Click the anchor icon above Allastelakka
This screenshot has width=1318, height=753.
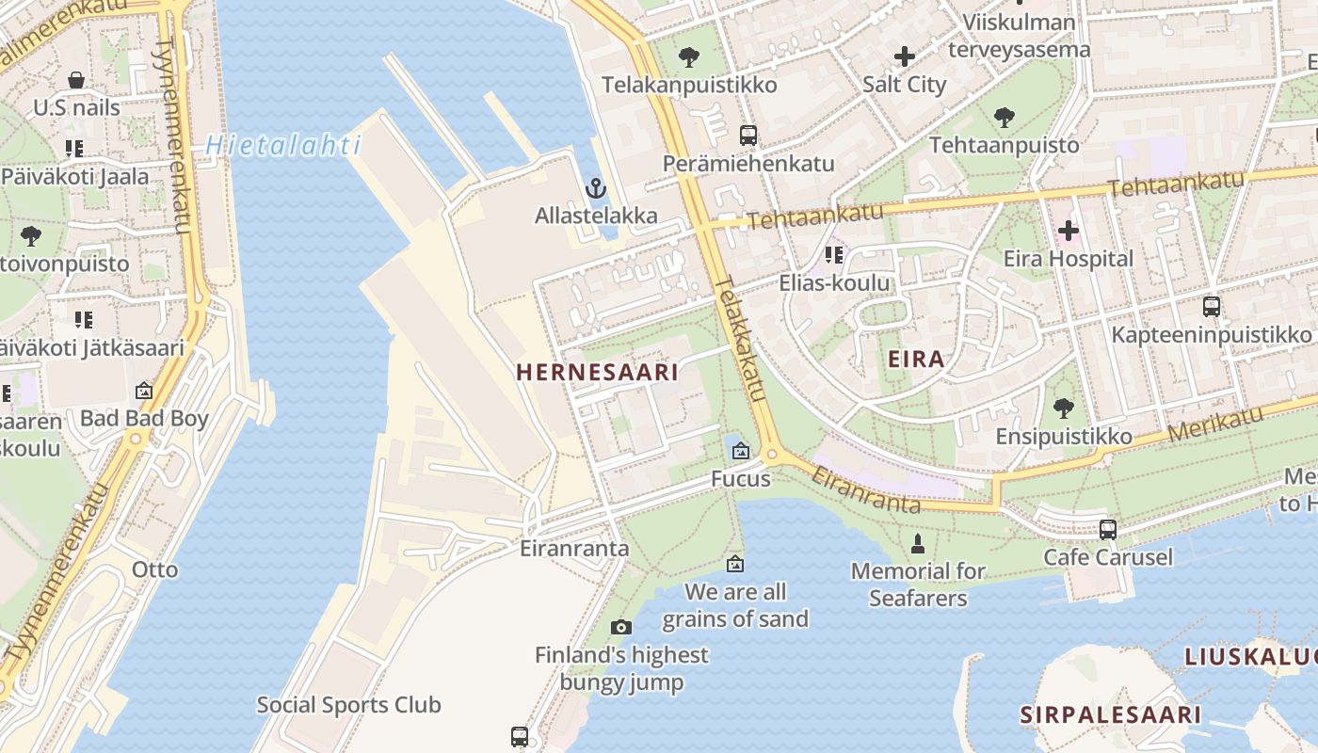[x=595, y=188]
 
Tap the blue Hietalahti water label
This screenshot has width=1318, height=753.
[x=283, y=145]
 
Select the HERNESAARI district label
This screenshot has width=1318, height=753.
[x=597, y=372]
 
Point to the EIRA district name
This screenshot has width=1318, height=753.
[x=916, y=359]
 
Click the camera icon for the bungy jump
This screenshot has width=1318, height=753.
[x=620, y=627]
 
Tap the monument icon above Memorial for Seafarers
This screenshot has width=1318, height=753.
[x=918, y=543]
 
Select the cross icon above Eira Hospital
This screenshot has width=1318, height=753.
[x=1068, y=230]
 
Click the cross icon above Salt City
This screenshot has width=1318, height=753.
[x=904, y=56]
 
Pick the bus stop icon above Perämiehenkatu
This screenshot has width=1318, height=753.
[x=748, y=136]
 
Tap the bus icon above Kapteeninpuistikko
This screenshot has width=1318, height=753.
[x=1211, y=307]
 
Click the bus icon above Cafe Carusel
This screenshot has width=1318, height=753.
[x=1108, y=529]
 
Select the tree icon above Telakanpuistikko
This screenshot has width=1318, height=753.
[x=689, y=56]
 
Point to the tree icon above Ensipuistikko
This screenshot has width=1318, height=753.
[x=1064, y=409]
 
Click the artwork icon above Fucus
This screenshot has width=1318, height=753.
[x=740, y=451]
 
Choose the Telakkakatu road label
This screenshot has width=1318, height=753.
[x=740, y=339]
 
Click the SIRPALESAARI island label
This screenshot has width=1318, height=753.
[x=1111, y=714]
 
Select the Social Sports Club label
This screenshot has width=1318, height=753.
[x=348, y=705]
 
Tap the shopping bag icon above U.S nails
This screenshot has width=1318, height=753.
[x=76, y=80]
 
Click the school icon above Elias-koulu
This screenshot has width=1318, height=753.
[x=833, y=255]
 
